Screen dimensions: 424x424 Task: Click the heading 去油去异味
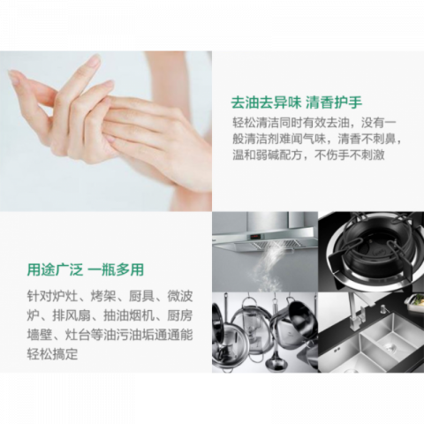point(259,101)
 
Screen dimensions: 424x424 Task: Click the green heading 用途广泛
point(52,269)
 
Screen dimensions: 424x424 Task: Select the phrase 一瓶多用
point(116,269)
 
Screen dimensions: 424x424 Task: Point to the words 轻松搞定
point(52,354)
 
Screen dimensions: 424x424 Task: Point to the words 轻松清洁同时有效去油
point(291,121)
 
